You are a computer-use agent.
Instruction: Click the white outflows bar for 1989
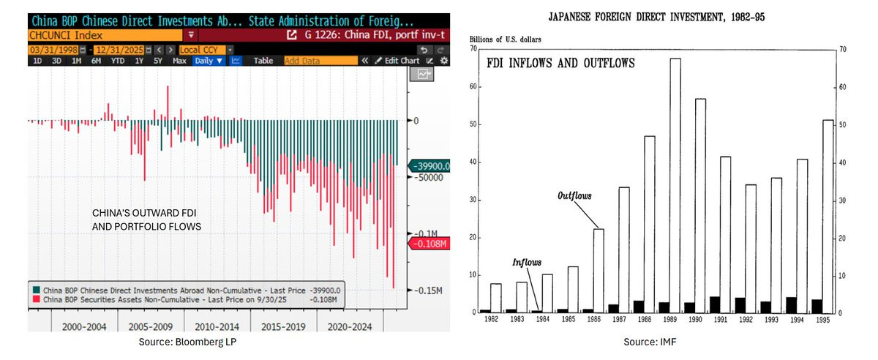(x=675, y=185)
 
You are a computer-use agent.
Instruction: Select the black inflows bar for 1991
(x=715, y=304)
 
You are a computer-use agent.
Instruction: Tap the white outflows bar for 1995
(x=828, y=216)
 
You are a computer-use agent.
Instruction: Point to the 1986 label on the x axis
(x=593, y=320)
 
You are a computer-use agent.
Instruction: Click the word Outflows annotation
(x=574, y=195)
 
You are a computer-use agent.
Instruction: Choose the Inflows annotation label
(x=526, y=263)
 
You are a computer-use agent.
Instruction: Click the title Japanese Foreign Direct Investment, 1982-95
(x=656, y=18)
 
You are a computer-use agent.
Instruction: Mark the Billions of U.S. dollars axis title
(x=505, y=40)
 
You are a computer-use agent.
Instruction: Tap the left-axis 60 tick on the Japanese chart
(x=473, y=86)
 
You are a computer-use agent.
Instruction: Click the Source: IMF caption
(x=650, y=342)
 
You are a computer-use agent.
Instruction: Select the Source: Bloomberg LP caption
(x=187, y=342)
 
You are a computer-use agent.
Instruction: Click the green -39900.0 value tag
(x=429, y=166)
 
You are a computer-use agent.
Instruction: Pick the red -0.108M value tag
(x=429, y=244)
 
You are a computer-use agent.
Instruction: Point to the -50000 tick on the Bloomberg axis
(x=430, y=178)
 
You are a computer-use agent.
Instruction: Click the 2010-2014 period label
(x=217, y=326)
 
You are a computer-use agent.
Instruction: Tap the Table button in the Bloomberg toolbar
(x=263, y=61)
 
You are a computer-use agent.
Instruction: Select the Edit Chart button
(x=397, y=61)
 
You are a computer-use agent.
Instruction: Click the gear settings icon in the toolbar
(x=443, y=61)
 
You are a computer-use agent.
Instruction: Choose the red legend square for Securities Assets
(x=37, y=299)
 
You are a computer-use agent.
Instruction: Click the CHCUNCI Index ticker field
(x=105, y=35)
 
